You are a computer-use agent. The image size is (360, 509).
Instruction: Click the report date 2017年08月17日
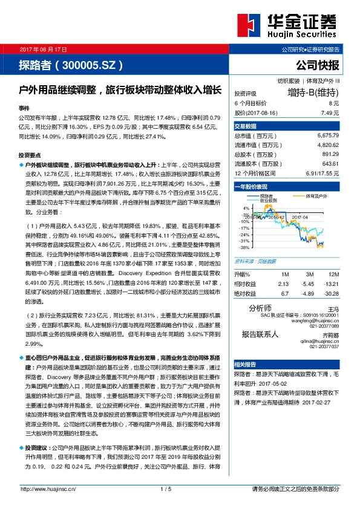point(44,48)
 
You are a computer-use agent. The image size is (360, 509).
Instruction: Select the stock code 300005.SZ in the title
point(90,64)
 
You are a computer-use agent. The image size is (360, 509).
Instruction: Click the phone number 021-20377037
point(326,346)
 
